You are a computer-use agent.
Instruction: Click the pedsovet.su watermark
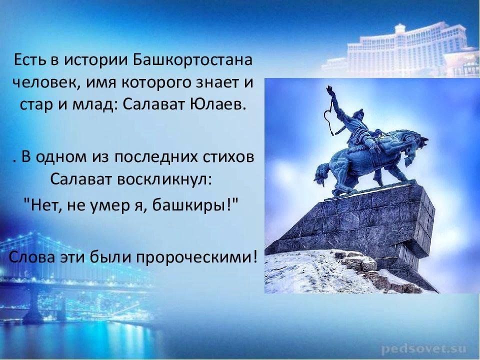(x=424, y=348)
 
